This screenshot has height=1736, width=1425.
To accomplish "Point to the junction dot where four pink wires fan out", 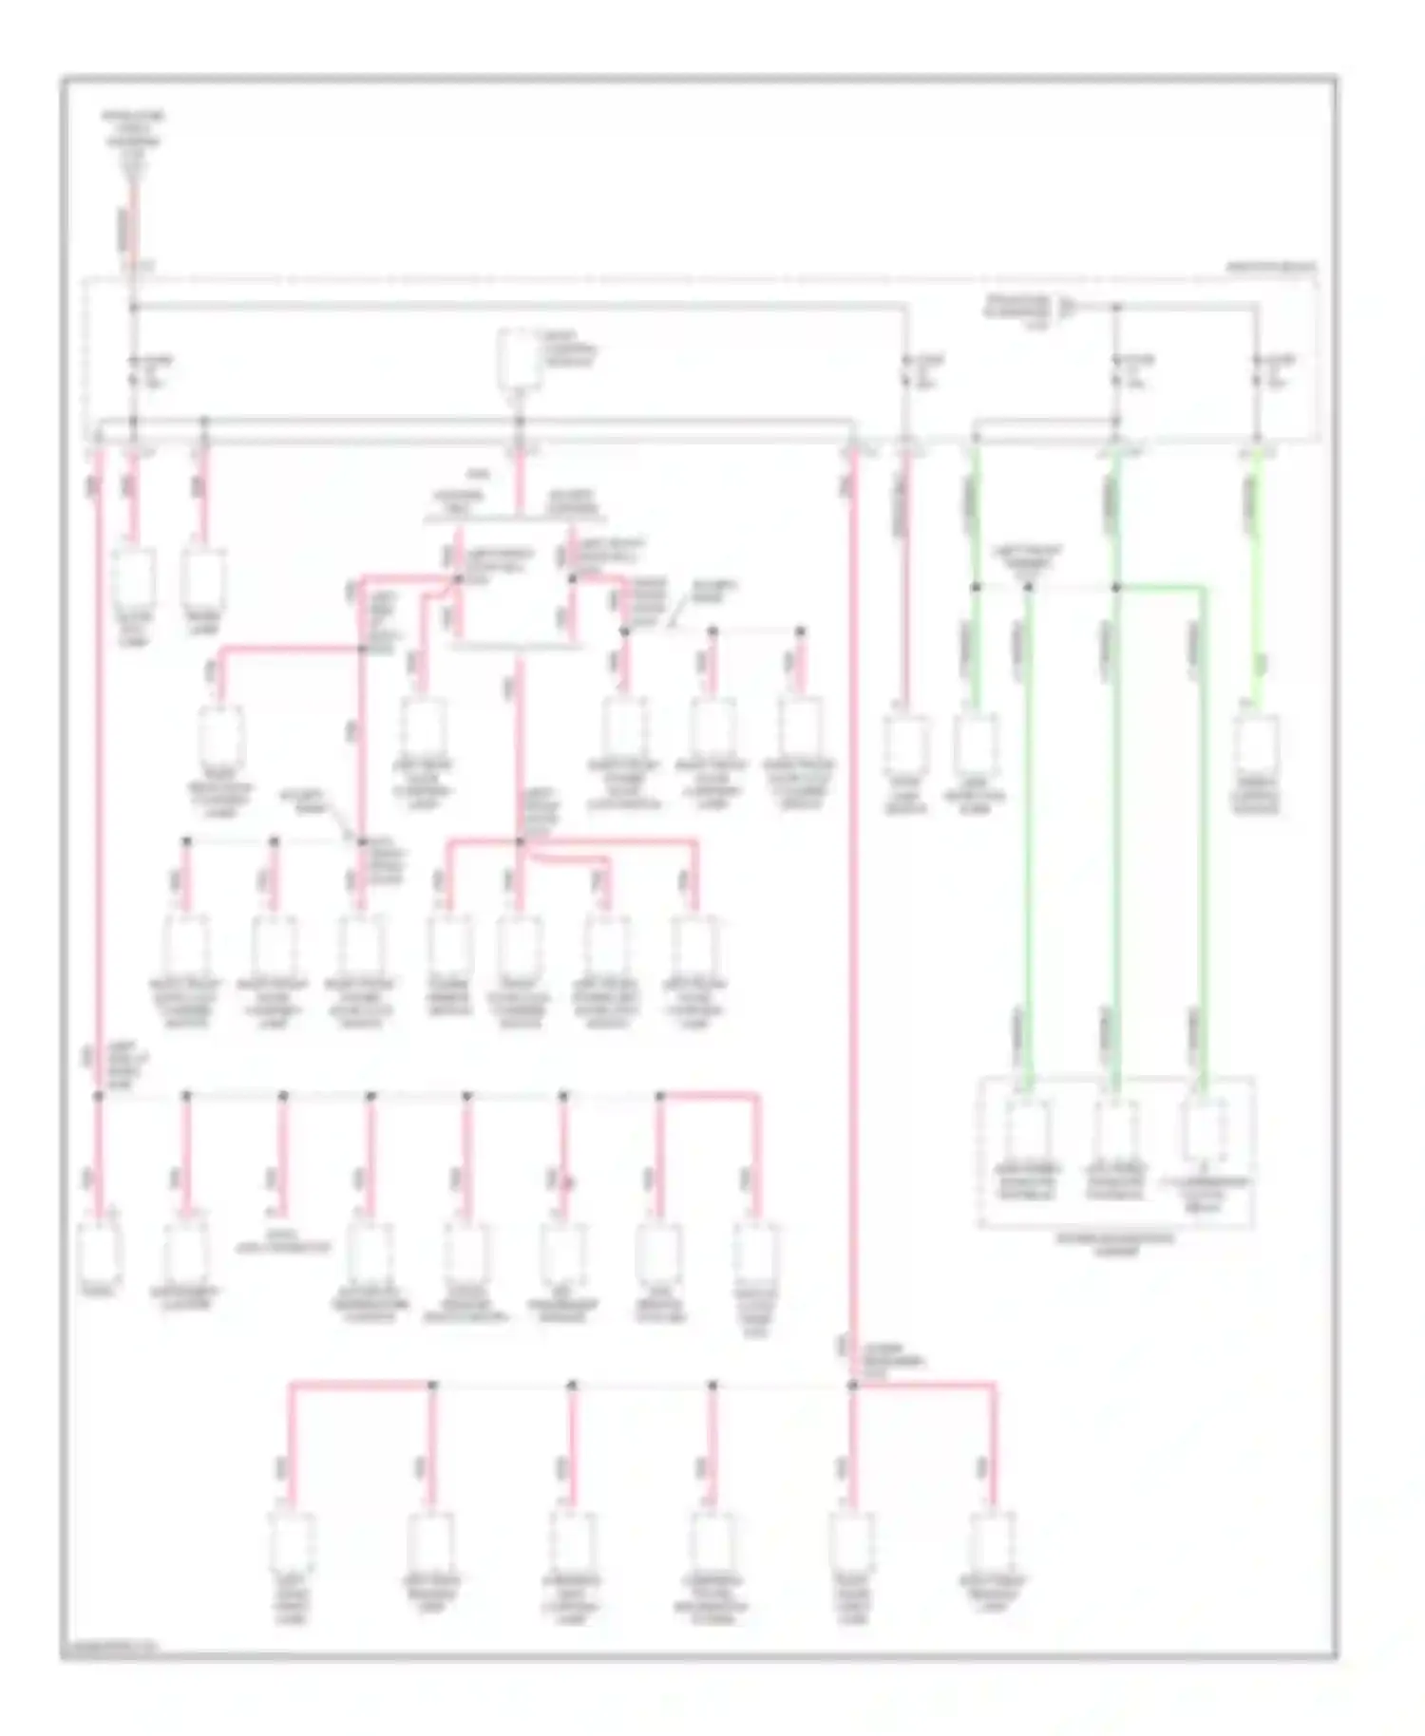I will click(x=519, y=841).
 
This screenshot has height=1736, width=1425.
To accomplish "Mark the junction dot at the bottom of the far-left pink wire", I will click(x=98, y=1095).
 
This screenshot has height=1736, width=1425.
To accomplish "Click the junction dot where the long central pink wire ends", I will click(x=852, y=1386).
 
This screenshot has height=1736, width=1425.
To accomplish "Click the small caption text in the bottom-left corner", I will click(x=109, y=1646).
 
